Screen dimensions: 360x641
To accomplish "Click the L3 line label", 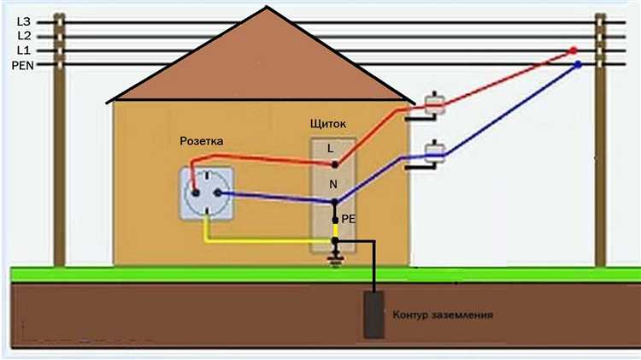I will pyautogui.click(x=23, y=20).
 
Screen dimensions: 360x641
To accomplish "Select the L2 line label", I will pyautogui.click(x=23, y=35).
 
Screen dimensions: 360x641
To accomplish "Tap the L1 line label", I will pyautogui.click(x=23, y=50).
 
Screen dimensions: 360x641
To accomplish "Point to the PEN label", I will pyautogui.click(x=21, y=65).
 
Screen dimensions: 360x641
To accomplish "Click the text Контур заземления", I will pyautogui.click(x=443, y=315).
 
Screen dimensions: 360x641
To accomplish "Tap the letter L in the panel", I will pyautogui.click(x=331, y=148).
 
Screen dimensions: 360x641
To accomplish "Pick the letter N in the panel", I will pyautogui.click(x=332, y=183).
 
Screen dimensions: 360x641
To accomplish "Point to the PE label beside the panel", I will pyautogui.click(x=348, y=219).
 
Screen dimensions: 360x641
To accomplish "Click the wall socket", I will pyautogui.click(x=204, y=192).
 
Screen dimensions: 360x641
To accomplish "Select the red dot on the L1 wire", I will pyautogui.click(x=573, y=51).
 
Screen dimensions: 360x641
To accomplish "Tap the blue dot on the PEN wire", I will pyautogui.click(x=579, y=65).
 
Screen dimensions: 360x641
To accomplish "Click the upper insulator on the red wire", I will pyautogui.click(x=433, y=106).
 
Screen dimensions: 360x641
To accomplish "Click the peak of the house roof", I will pyautogui.click(x=267, y=9).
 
